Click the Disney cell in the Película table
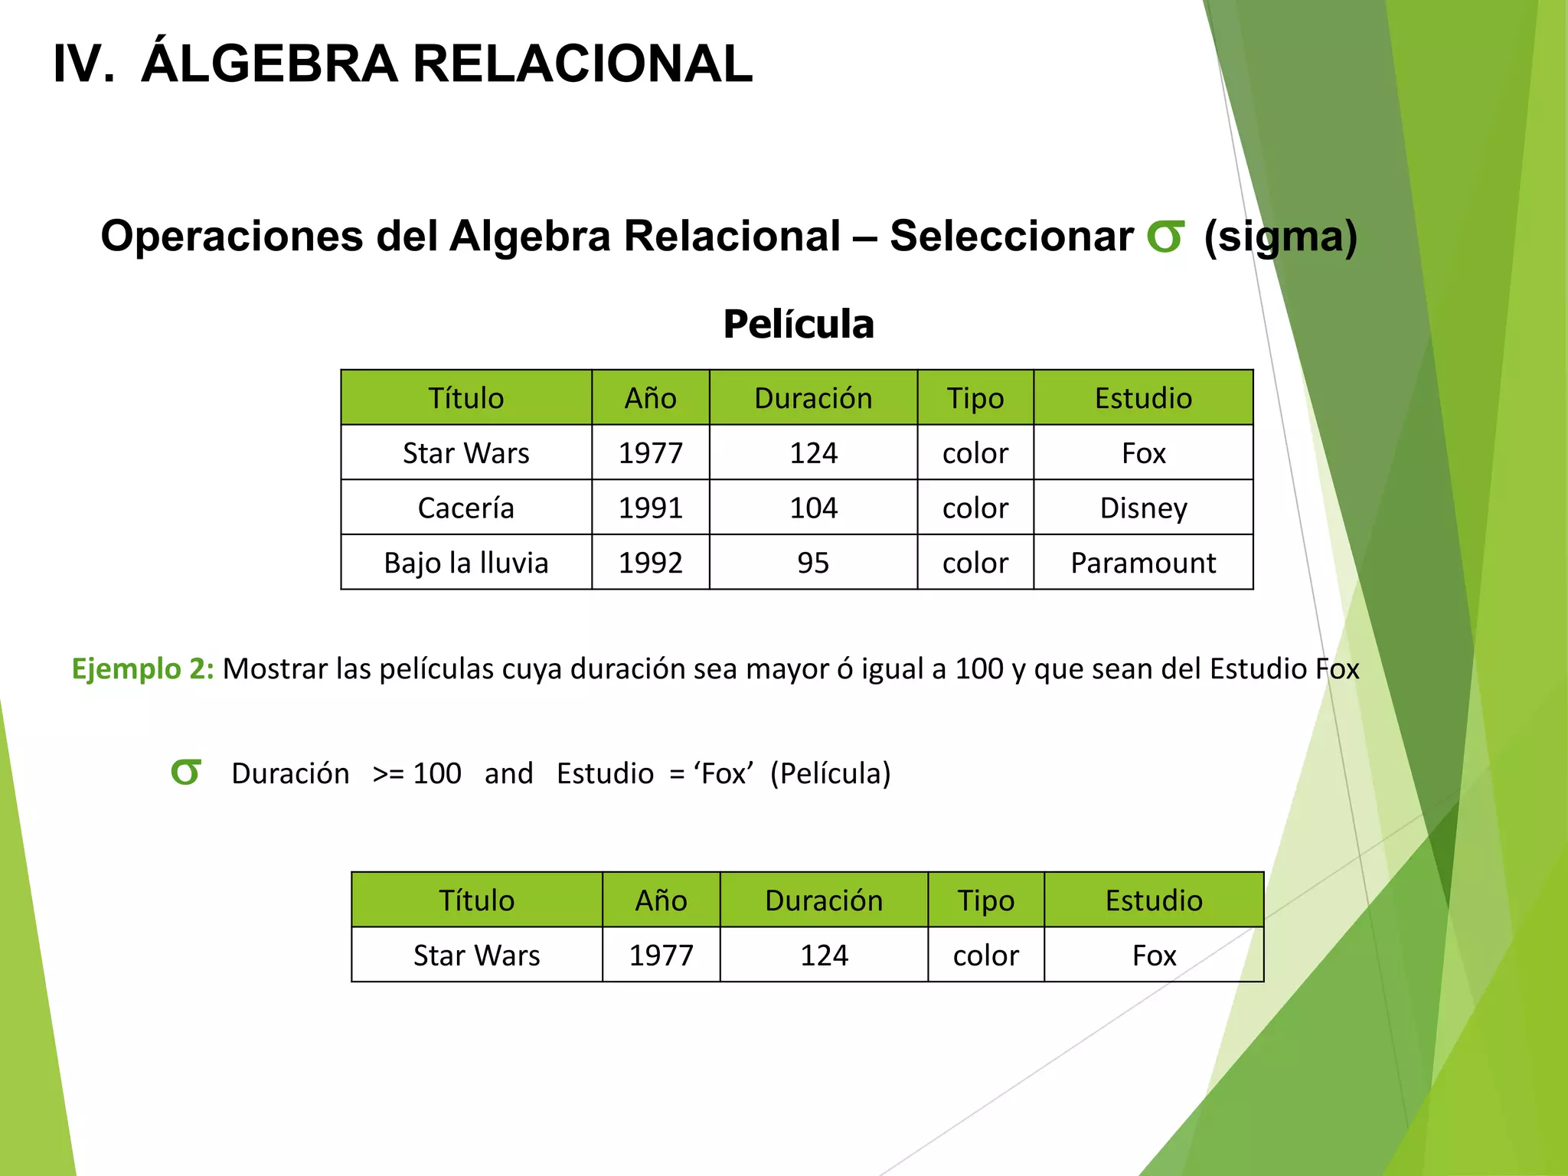1143,508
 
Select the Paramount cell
1143,563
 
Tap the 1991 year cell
650,508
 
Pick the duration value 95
813,563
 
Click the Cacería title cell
465,508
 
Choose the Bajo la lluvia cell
465,563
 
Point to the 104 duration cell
813,508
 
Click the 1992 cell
650,563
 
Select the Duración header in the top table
813,398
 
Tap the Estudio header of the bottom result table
1154,900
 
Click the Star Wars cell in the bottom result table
476,955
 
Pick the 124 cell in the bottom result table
824,955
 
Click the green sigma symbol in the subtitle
1165,237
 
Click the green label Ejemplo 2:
142,668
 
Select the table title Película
798,324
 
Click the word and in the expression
508,773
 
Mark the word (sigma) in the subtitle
1280,237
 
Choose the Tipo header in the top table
975,398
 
